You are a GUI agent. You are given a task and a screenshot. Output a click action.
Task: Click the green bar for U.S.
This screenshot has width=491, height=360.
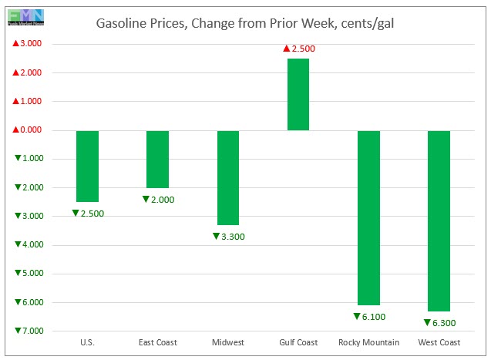pyautogui.click(x=87, y=166)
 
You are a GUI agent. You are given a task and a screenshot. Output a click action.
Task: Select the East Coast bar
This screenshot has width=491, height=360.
pyautogui.click(x=157, y=159)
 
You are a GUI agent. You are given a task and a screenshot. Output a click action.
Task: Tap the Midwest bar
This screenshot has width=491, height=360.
pyautogui.click(x=227, y=177)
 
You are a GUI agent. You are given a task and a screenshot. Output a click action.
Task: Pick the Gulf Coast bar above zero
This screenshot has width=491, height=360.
pyautogui.click(x=298, y=94)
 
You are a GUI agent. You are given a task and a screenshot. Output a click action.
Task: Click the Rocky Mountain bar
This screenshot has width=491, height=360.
pyautogui.click(x=368, y=217)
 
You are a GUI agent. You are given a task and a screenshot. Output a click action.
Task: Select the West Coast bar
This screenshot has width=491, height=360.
pyautogui.click(x=439, y=220)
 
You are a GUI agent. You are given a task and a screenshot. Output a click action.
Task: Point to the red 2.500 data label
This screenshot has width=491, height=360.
pyautogui.click(x=299, y=49)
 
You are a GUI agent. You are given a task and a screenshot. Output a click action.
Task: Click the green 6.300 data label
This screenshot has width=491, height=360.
pyautogui.click(x=439, y=322)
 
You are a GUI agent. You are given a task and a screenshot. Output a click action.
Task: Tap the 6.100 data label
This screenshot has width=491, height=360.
pyautogui.click(x=369, y=316)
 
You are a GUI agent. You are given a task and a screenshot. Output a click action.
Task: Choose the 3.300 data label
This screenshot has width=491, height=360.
pyautogui.click(x=228, y=236)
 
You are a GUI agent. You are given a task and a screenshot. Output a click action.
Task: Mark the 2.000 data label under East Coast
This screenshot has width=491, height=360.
pyautogui.click(x=158, y=199)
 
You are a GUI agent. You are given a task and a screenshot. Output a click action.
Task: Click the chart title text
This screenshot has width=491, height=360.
pyautogui.click(x=246, y=23)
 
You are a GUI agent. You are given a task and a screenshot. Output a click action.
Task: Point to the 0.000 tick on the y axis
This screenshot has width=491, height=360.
pyautogui.click(x=27, y=130)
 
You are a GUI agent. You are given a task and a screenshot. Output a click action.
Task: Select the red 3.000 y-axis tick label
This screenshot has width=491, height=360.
pyautogui.click(x=27, y=44)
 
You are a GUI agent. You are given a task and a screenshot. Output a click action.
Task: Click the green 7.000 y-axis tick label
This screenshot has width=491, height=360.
pyautogui.click(x=27, y=331)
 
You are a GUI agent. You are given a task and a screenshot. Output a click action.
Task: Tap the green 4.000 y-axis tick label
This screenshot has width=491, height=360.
pyautogui.click(x=27, y=244)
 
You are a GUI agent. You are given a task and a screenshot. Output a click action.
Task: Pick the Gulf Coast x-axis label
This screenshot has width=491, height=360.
pyautogui.click(x=298, y=342)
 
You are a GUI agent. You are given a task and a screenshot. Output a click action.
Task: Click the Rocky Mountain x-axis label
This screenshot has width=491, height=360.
pyautogui.click(x=368, y=342)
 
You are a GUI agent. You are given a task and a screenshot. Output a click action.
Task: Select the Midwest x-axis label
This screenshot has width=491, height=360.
pyautogui.click(x=227, y=342)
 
